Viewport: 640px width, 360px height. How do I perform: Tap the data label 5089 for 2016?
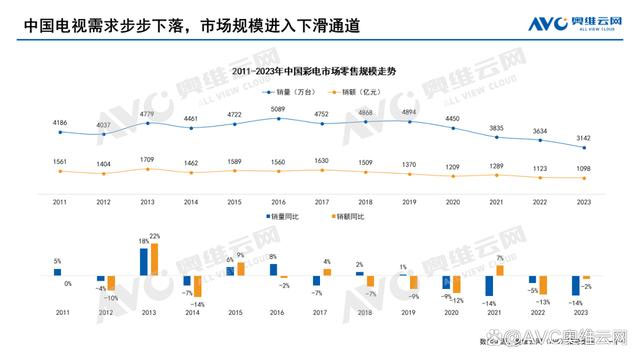point(279,109)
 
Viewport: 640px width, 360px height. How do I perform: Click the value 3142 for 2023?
point(584,138)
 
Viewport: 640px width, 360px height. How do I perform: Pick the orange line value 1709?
point(147,159)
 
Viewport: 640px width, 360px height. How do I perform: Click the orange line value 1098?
point(584,167)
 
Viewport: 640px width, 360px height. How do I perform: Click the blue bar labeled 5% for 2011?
point(57,271)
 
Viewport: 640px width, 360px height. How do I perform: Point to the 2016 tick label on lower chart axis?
point(279,313)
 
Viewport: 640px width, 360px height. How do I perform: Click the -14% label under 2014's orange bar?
point(198,304)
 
